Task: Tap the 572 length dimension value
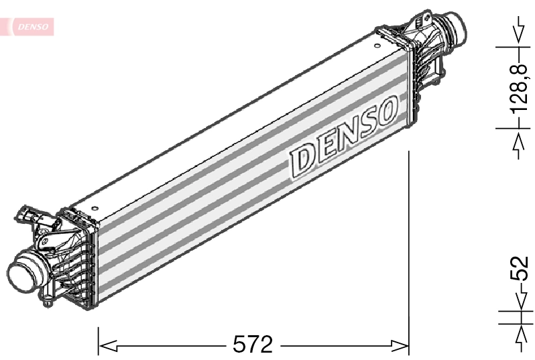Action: point(253,345)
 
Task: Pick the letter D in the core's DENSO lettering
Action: point(301,159)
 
